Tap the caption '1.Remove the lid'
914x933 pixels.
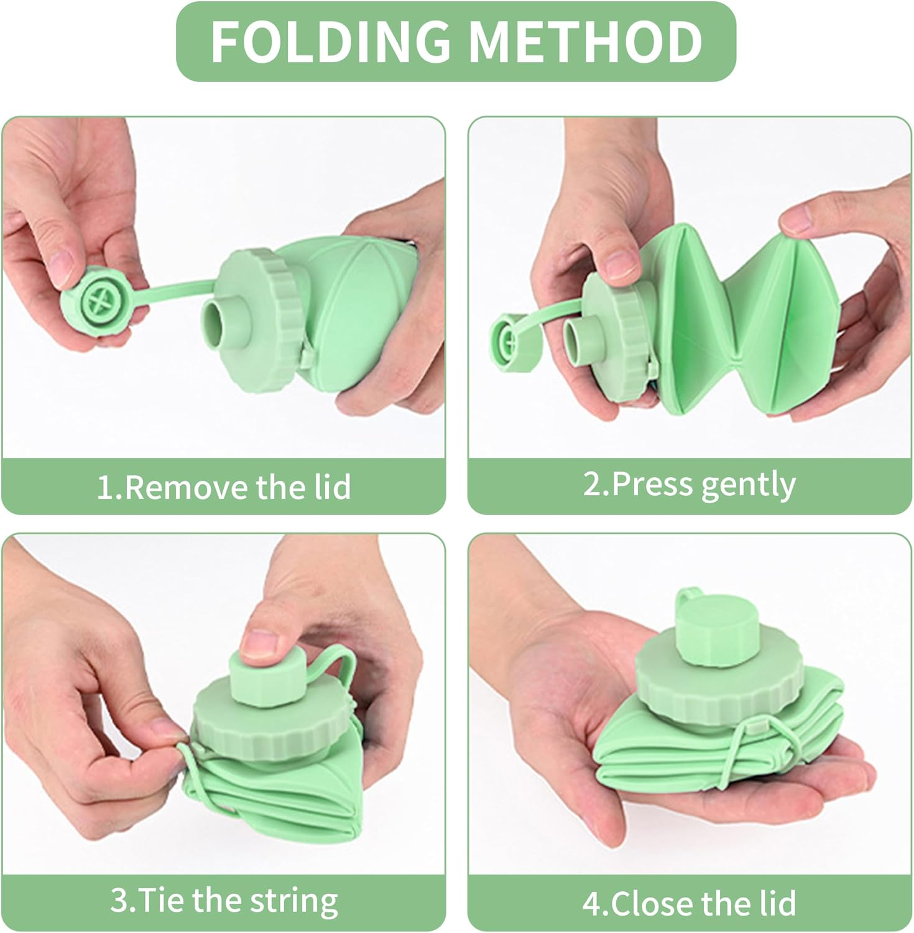(224, 486)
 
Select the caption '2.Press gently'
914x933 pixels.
(689, 484)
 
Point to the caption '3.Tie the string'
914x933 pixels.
(224, 900)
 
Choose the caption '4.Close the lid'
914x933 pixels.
(689, 903)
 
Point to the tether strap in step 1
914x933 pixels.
(174, 286)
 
